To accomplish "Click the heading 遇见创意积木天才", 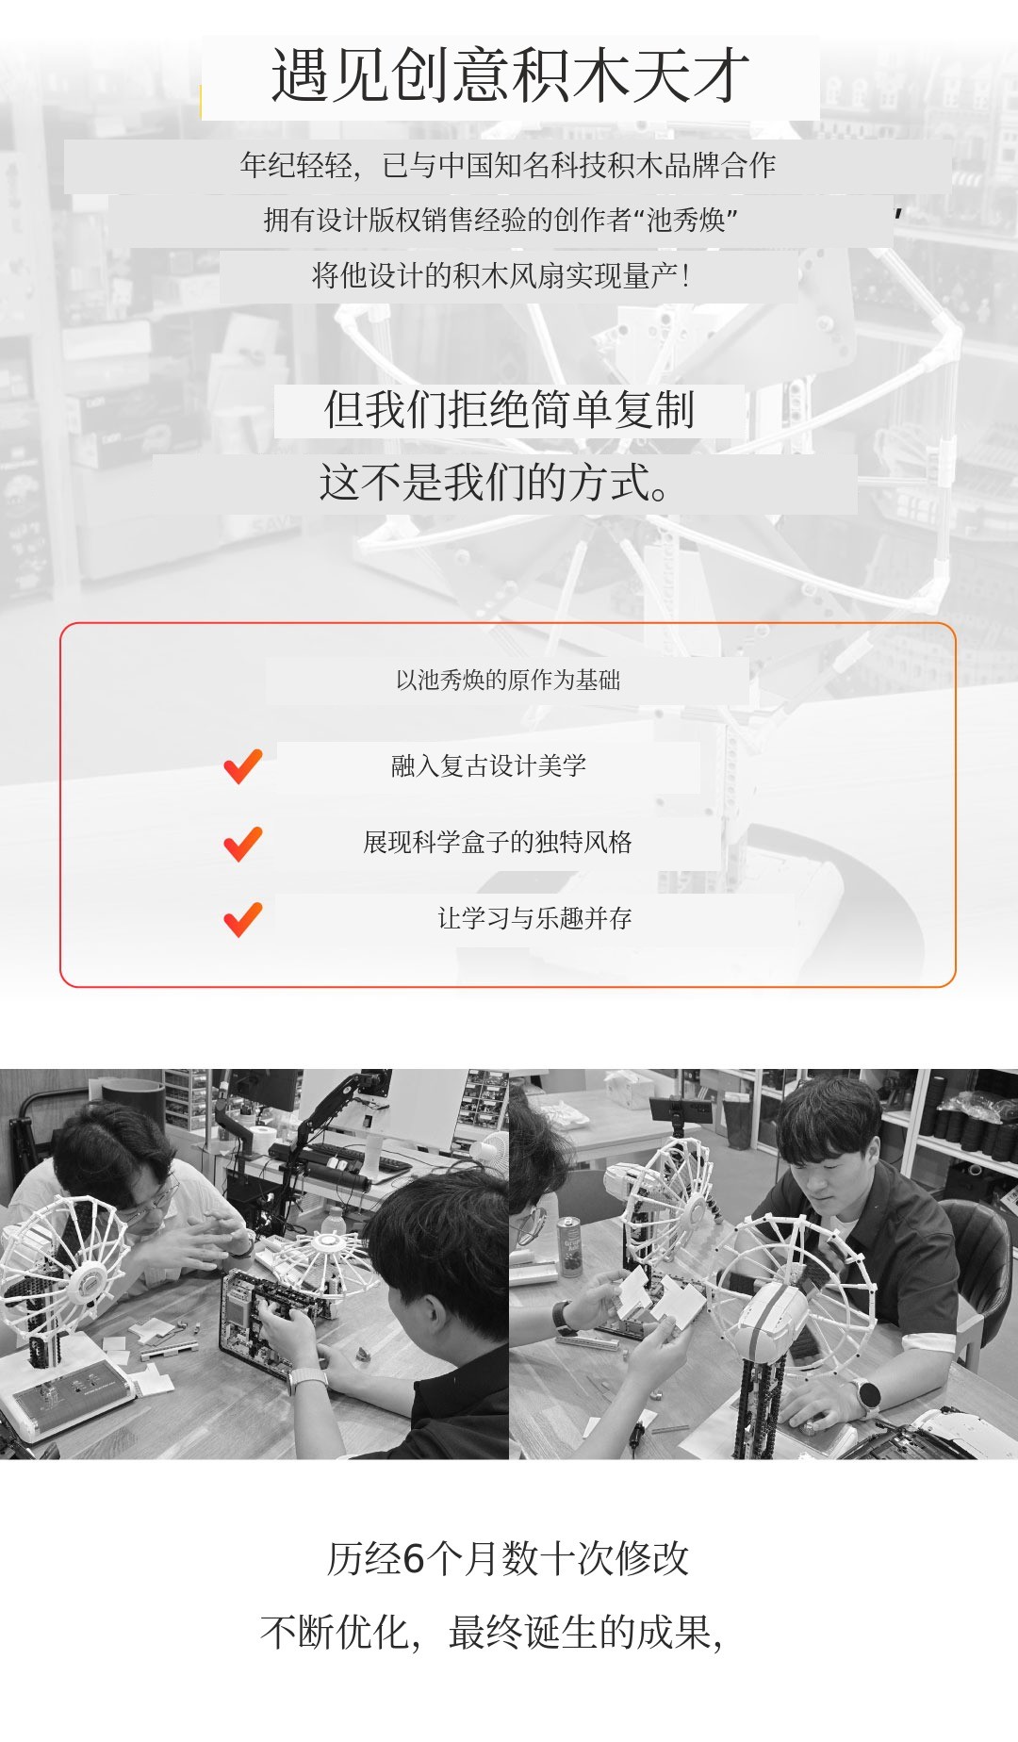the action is coord(510,76).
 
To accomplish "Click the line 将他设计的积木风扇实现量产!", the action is coord(501,276).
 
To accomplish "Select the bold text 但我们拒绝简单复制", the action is coord(509,410).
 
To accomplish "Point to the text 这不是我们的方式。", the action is coord(494,483).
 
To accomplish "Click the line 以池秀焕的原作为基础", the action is coord(508,681).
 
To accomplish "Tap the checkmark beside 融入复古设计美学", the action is coord(242,765).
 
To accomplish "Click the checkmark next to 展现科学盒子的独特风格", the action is coord(242,843).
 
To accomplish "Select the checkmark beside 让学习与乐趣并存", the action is coord(242,919).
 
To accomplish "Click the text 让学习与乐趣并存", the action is coord(534,918).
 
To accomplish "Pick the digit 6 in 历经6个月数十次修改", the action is coord(414,1559).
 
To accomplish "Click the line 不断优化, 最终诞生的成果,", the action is coord(491,1633).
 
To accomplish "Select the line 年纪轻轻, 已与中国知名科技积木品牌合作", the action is coord(507,166).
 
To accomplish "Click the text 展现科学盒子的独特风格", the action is coord(498,842).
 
